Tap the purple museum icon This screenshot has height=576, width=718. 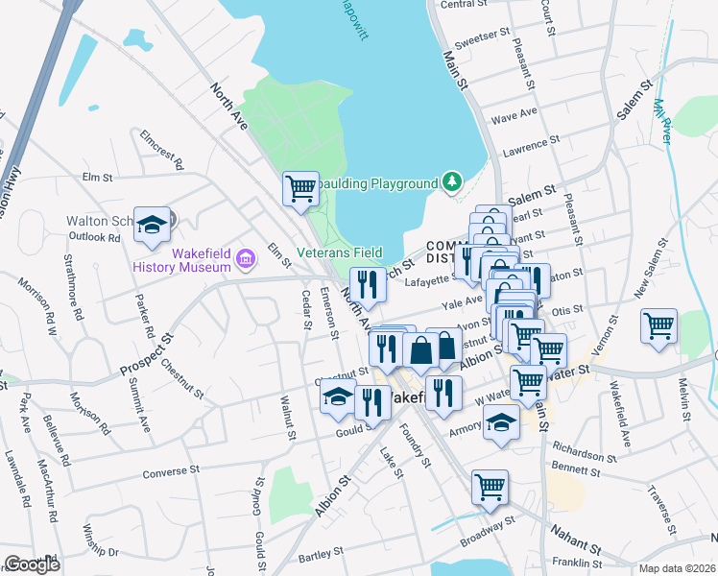tap(246, 258)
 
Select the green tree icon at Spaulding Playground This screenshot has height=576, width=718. tap(451, 181)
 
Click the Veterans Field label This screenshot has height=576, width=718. tap(339, 252)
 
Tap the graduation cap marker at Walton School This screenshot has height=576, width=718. tap(152, 225)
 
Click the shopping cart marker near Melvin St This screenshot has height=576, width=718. tap(658, 326)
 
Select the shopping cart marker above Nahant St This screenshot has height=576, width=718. tap(490, 487)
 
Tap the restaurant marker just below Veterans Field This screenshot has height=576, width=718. tap(368, 284)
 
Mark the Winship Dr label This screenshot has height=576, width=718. tap(100, 552)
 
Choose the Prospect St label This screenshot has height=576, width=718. tap(144, 353)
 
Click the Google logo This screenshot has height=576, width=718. tap(32, 564)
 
